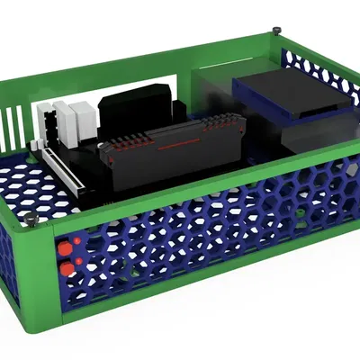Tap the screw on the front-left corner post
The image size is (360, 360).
[x=33, y=220]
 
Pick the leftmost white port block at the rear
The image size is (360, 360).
[x=46, y=126]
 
